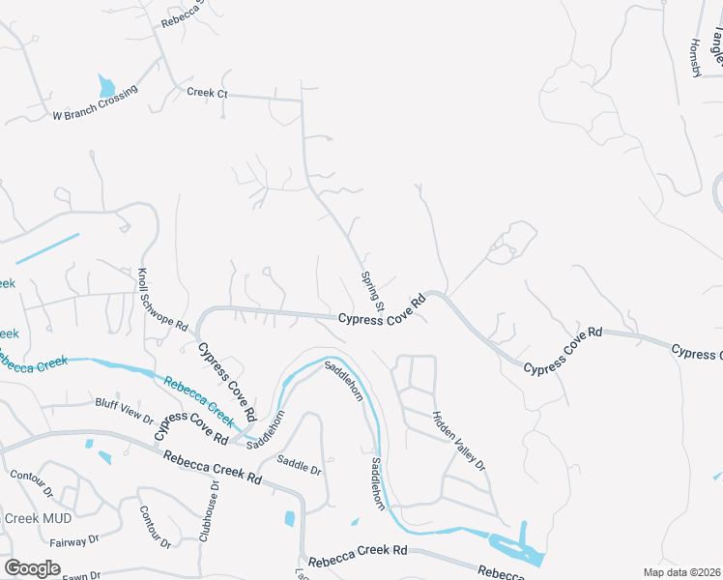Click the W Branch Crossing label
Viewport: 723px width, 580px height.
(x=95, y=103)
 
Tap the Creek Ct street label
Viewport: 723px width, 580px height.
(x=206, y=92)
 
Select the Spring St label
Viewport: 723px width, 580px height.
(x=373, y=289)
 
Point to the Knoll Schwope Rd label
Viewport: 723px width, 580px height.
(x=161, y=301)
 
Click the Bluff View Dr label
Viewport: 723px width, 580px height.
(x=124, y=409)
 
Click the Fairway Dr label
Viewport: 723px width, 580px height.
(x=74, y=539)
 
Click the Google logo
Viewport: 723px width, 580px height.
(x=32, y=567)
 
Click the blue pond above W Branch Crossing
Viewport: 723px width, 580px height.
(x=106, y=86)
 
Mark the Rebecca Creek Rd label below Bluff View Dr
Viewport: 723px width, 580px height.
(x=213, y=468)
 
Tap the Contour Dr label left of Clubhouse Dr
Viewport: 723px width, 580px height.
(x=154, y=525)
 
